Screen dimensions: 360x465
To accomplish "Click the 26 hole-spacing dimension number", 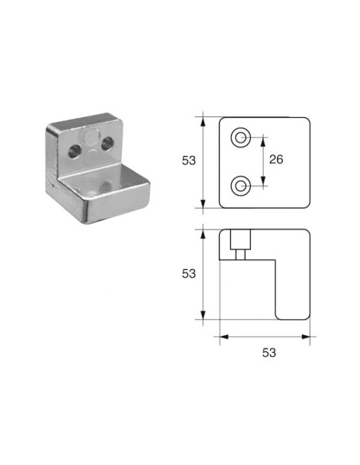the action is pos(276,159).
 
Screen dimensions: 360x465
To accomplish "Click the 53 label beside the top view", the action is pos(189,160).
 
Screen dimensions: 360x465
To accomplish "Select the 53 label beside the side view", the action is pos(189,274).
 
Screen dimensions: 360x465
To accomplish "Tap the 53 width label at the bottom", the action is pos(269,353).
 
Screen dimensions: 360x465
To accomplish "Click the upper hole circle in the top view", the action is pos(241,137).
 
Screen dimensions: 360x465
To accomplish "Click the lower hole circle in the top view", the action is pos(241,186).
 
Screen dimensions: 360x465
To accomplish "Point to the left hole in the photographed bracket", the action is pos(74,150).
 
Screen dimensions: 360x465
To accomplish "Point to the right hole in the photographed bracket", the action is pos(107,143).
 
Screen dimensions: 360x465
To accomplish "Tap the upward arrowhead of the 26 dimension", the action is pos(263,143).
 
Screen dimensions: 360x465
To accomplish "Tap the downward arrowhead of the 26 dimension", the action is pos(263,181).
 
